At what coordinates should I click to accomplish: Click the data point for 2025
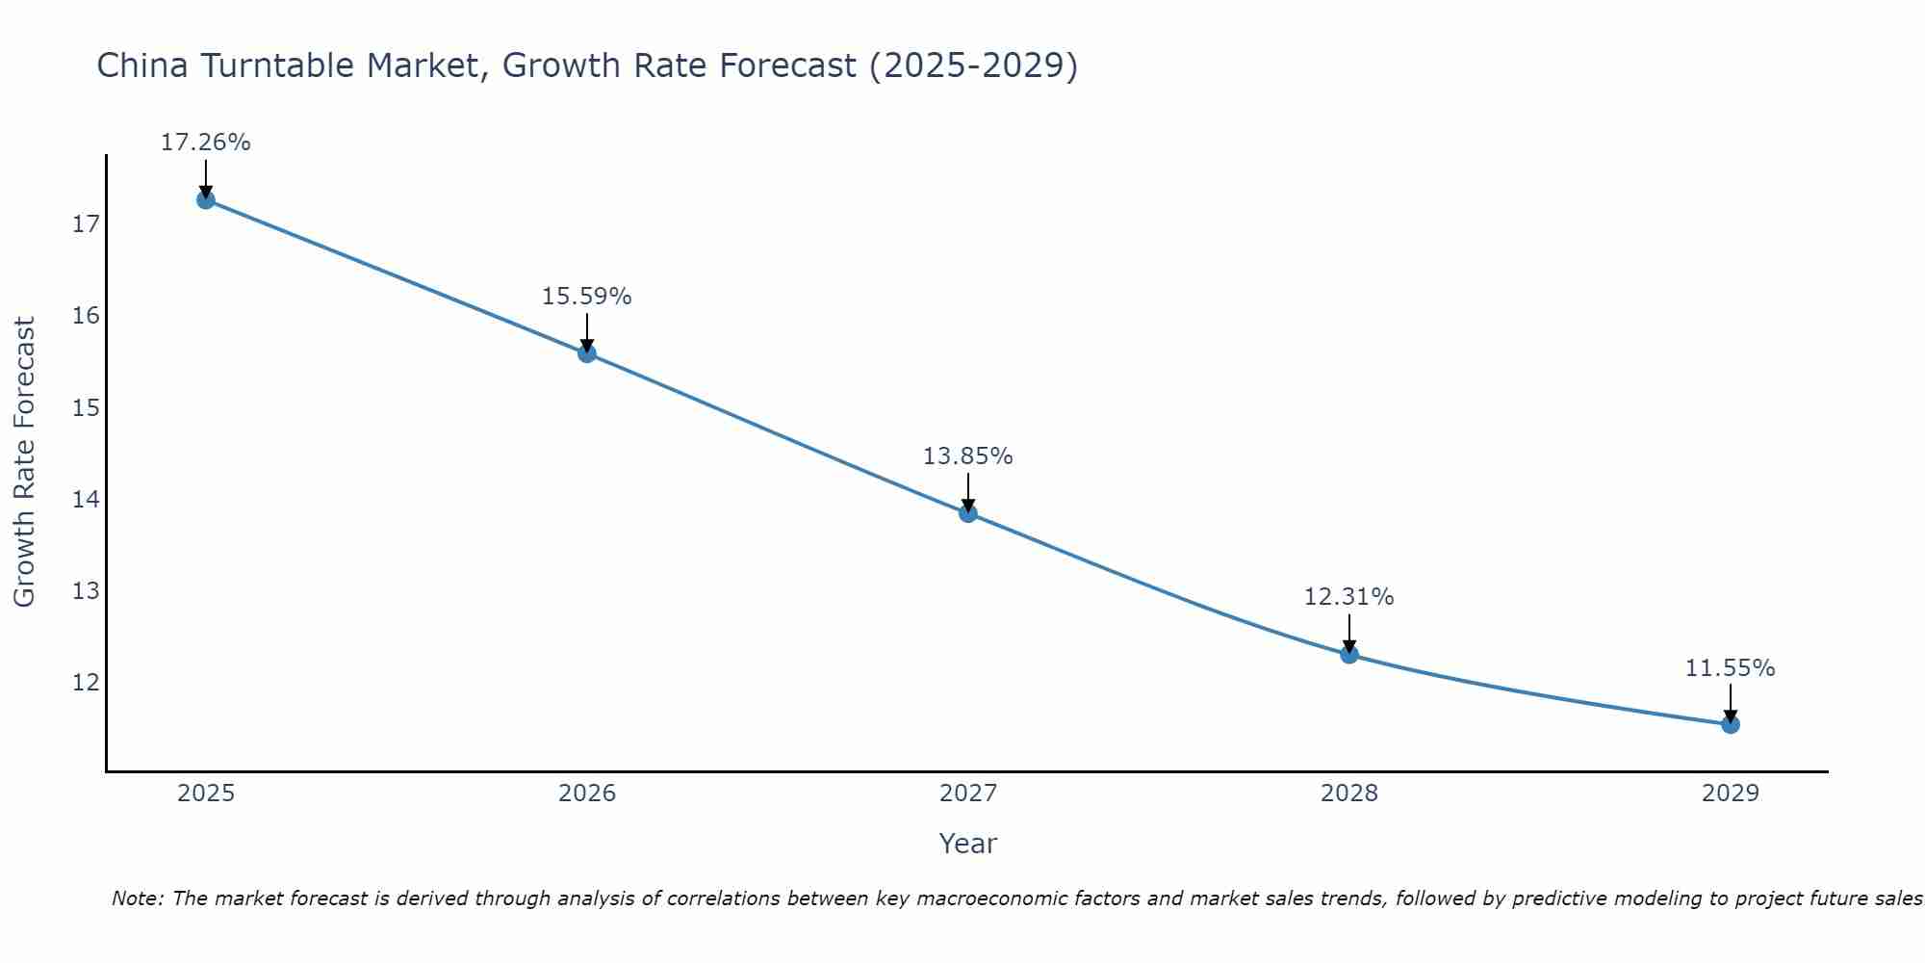[205, 199]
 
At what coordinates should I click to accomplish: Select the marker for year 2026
[587, 353]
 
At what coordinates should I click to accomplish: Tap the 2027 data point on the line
[968, 513]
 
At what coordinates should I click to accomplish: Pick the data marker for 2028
[1349, 655]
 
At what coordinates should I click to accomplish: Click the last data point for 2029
[1731, 724]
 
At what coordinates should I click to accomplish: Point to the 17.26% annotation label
[205, 143]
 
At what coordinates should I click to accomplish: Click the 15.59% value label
[586, 297]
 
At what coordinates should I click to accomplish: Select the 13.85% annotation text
[967, 456]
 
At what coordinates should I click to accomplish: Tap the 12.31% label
[1348, 597]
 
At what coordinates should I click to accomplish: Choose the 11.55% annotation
[1730, 668]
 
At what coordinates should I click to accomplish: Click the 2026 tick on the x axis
[587, 794]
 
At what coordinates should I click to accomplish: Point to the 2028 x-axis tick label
[1349, 794]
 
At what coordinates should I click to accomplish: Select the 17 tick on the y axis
[86, 224]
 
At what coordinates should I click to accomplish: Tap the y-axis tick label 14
[86, 499]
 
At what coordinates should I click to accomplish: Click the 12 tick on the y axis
[86, 683]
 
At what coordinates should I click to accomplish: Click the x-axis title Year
[967, 844]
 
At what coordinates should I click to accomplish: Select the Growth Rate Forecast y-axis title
[25, 462]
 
